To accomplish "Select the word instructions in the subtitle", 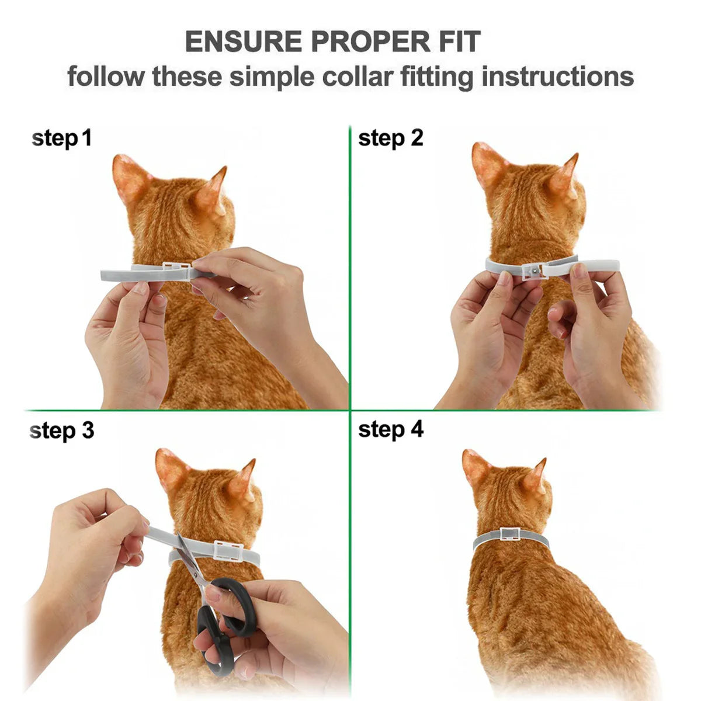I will [x=558, y=77].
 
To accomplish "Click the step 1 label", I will [x=61, y=139].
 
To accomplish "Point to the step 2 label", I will [x=390, y=138].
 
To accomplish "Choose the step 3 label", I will [x=61, y=431].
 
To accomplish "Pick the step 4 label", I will [x=390, y=429].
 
